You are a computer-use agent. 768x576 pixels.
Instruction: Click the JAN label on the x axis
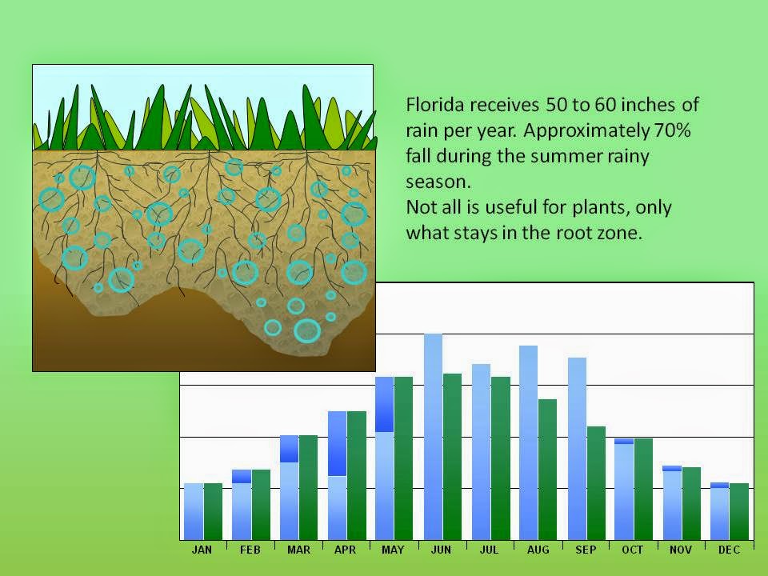pos(202,550)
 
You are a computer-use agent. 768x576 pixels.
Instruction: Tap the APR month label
pos(345,550)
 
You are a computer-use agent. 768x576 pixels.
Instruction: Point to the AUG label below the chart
pos(538,550)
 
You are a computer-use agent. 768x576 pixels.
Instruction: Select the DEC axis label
pos(729,550)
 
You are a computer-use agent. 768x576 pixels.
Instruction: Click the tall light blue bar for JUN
pos(433,437)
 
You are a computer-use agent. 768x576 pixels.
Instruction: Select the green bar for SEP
pos(596,483)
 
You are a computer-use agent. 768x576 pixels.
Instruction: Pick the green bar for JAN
pos(213,511)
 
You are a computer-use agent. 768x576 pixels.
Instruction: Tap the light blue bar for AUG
pos(528,442)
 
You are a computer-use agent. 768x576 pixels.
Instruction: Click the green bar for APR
pos(357,475)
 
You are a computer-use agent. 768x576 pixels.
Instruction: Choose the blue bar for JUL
pos(481,451)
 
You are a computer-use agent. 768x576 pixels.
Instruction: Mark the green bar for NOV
pos(691,503)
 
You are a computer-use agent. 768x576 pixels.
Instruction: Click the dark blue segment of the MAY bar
pos(385,405)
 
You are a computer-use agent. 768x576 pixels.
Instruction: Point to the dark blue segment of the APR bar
pos(337,444)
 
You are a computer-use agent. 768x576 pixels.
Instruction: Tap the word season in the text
pos(438,182)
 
